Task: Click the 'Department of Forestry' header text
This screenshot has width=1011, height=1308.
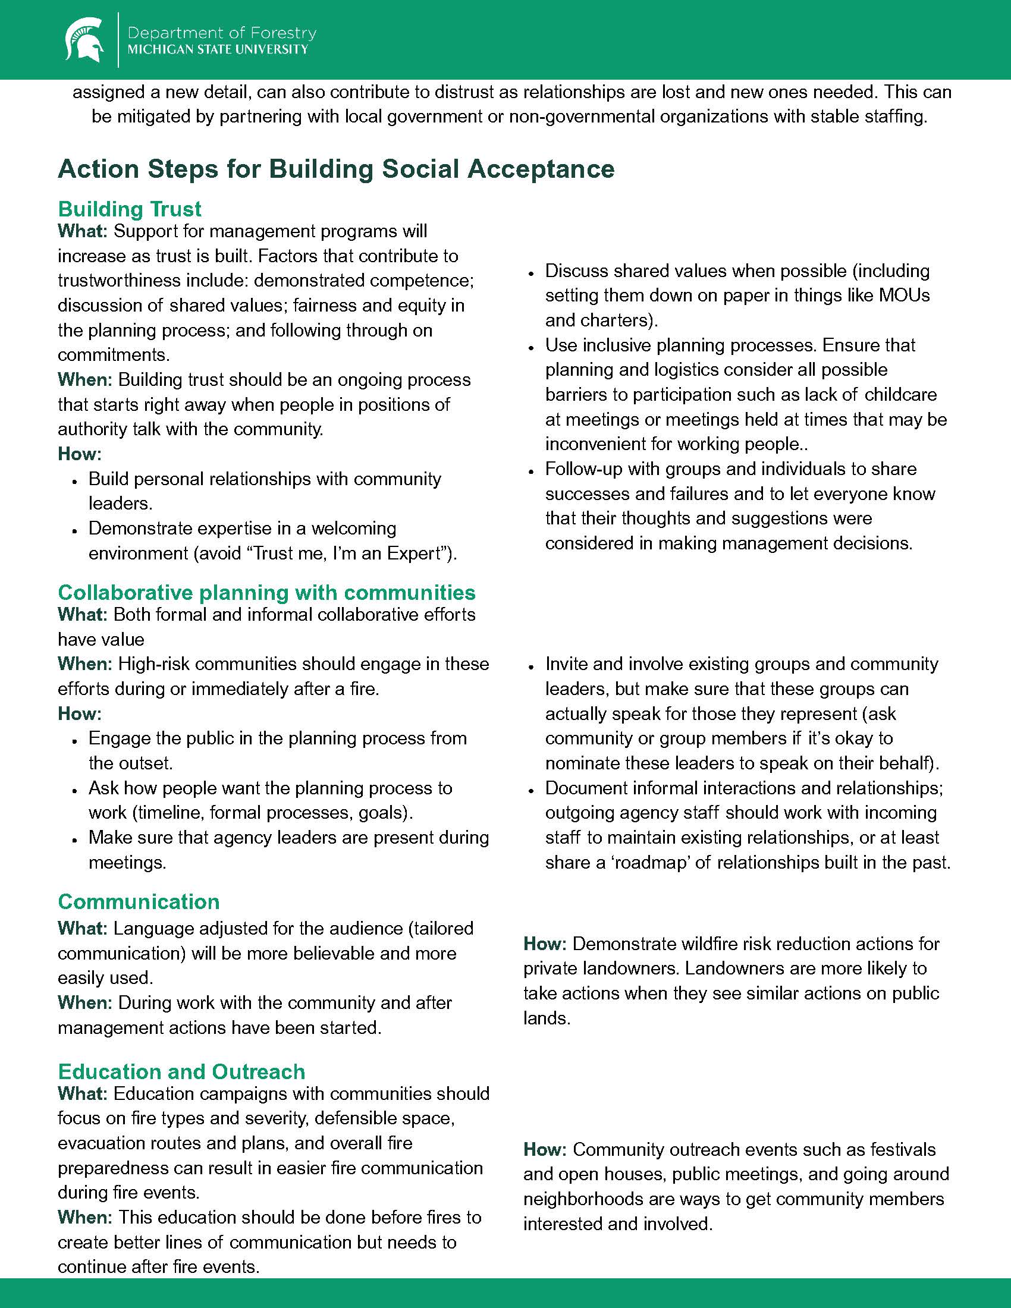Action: click(222, 32)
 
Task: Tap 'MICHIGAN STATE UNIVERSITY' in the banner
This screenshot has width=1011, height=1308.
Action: click(218, 50)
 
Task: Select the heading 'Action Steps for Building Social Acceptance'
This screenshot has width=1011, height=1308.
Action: click(336, 169)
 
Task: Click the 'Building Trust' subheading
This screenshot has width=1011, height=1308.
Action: click(130, 209)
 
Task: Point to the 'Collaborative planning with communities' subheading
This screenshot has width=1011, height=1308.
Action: click(266, 592)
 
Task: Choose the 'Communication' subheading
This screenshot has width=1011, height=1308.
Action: click(139, 902)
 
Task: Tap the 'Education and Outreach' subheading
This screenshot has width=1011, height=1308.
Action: click(181, 1071)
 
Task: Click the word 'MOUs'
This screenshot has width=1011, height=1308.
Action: click(905, 295)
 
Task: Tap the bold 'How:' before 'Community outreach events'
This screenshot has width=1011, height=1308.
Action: click(545, 1149)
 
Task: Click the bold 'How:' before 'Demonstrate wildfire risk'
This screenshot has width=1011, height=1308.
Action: click(545, 944)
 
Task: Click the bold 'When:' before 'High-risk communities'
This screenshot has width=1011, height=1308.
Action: click(84, 664)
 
